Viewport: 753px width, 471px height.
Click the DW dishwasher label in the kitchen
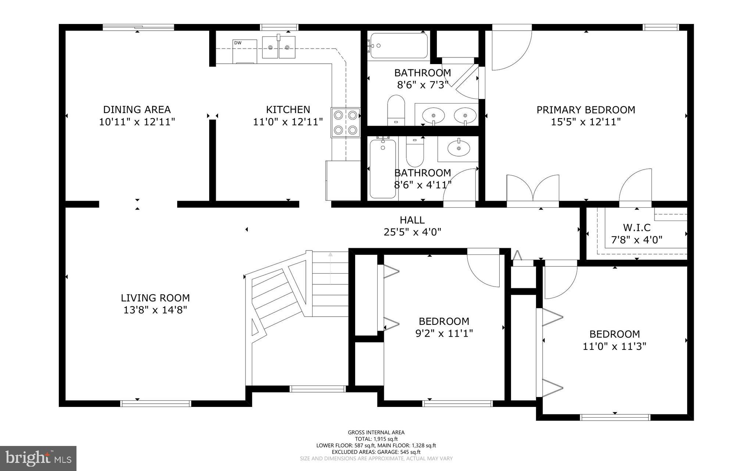(x=238, y=43)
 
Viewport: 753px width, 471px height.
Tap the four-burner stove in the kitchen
(x=346, y=122)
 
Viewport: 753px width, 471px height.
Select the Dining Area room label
(x=137, y=109)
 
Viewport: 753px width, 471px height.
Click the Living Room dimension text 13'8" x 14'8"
(x=155, y=310)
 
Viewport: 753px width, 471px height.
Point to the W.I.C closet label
(x=636, y=228)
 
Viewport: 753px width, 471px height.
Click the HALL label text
(x=412, y=220)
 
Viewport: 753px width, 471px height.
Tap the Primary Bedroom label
(x=586, y=110)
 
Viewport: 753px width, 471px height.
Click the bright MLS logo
(x=38, y=458)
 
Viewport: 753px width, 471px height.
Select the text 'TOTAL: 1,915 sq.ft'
(x=376, y=439)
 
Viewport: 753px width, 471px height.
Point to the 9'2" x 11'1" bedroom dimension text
(x=444, y=334)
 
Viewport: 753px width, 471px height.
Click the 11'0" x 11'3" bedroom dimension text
(x=614, y=346)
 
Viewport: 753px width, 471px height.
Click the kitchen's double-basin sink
(x=279, y=47)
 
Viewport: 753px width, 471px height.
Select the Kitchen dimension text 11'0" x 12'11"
(x=288, y=122)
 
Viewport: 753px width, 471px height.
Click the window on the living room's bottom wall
(x=156, y=404)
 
